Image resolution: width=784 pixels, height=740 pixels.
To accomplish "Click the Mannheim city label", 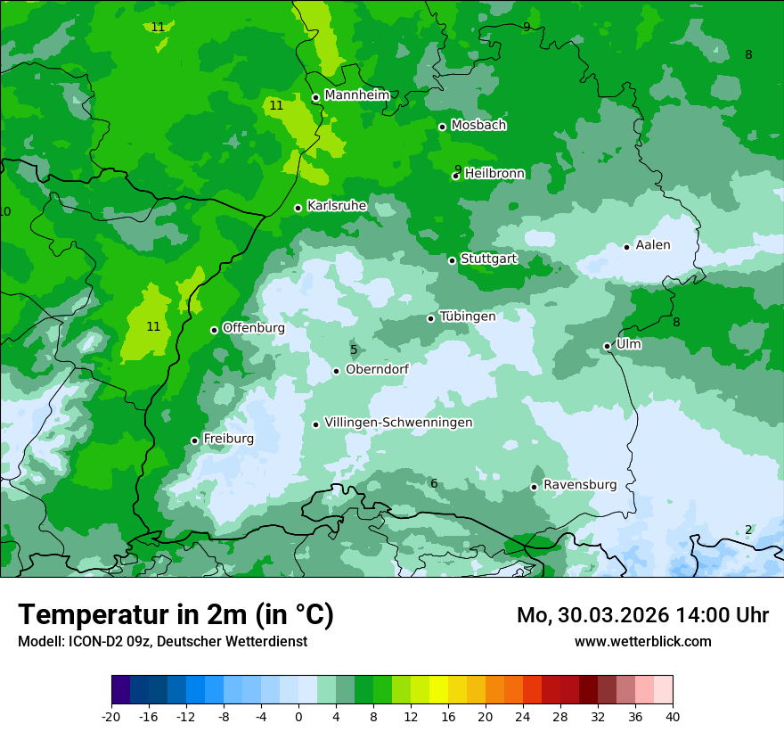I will pos(357,95).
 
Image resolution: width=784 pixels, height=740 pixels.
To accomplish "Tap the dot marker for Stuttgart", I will pos(453,260).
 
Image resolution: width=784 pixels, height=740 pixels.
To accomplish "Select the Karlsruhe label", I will pos(337,206).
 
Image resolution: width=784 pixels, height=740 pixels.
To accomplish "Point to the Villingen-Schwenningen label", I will pos(398,423).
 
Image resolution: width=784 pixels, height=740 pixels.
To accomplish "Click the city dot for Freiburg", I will pos(195,440).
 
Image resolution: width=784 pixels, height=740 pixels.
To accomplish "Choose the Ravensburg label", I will pos(580,485).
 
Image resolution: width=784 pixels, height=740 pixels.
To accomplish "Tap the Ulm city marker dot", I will pos(608,346).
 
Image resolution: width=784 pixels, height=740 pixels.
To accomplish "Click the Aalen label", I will pos(653,245).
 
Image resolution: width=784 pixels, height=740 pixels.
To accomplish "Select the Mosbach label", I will pos(478,126).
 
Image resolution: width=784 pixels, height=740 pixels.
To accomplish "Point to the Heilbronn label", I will pos(494,174).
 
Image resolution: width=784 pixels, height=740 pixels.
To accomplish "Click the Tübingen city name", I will pos(468,317).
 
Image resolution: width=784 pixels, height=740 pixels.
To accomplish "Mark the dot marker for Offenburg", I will pos(215,330).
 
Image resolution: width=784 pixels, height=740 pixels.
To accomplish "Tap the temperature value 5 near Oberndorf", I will pos(354,350).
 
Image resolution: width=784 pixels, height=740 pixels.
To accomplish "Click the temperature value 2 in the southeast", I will pos(748,530).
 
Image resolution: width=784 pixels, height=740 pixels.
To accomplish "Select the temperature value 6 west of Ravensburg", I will pos(434,483).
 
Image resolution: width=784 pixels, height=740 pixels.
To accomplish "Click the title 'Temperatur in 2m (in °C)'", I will pos(176,614).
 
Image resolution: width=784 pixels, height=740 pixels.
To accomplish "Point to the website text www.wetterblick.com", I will pos(642,641).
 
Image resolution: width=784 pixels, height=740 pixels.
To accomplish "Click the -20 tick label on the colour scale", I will pos(111,716).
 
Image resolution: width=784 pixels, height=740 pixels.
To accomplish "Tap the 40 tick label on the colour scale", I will pos(673,716).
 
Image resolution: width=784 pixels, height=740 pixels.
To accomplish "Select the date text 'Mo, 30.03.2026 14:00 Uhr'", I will pos(642,615).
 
